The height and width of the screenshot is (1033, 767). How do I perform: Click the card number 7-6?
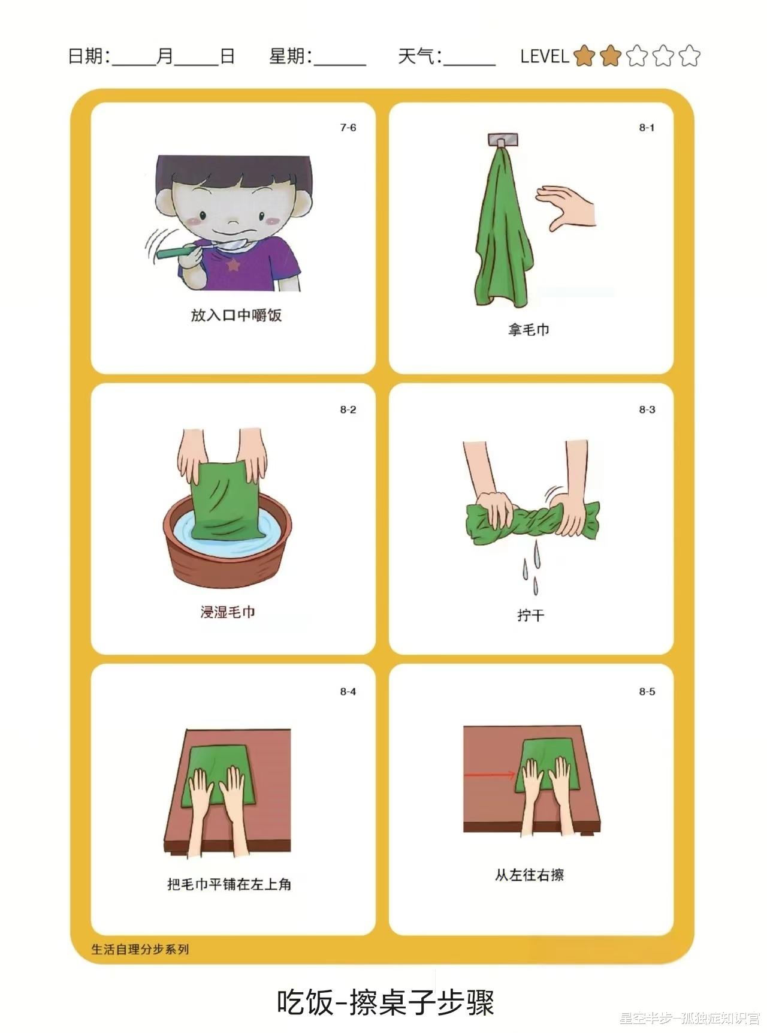pos(348,128)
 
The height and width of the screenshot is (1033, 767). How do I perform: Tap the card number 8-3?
pos(647,409)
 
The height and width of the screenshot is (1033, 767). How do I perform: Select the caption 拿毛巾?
pos(529,329)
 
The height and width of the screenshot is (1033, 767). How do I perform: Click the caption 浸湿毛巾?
pos(228,612)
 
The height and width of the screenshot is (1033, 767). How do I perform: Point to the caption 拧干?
pos(531,615)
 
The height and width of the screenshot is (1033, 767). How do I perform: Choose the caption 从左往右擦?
pos(529,875)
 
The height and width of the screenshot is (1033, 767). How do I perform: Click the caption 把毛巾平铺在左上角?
pos(230,884)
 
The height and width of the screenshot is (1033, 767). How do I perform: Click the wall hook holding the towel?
pos(503,140)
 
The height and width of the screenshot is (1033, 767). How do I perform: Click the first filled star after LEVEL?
pos(584,56)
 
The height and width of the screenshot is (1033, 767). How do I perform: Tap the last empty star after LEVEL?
pos(689,56)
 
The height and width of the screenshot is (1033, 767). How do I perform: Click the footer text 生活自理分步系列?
pos(140,949)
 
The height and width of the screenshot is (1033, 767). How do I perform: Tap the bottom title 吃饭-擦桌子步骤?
pos(386,1002)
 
